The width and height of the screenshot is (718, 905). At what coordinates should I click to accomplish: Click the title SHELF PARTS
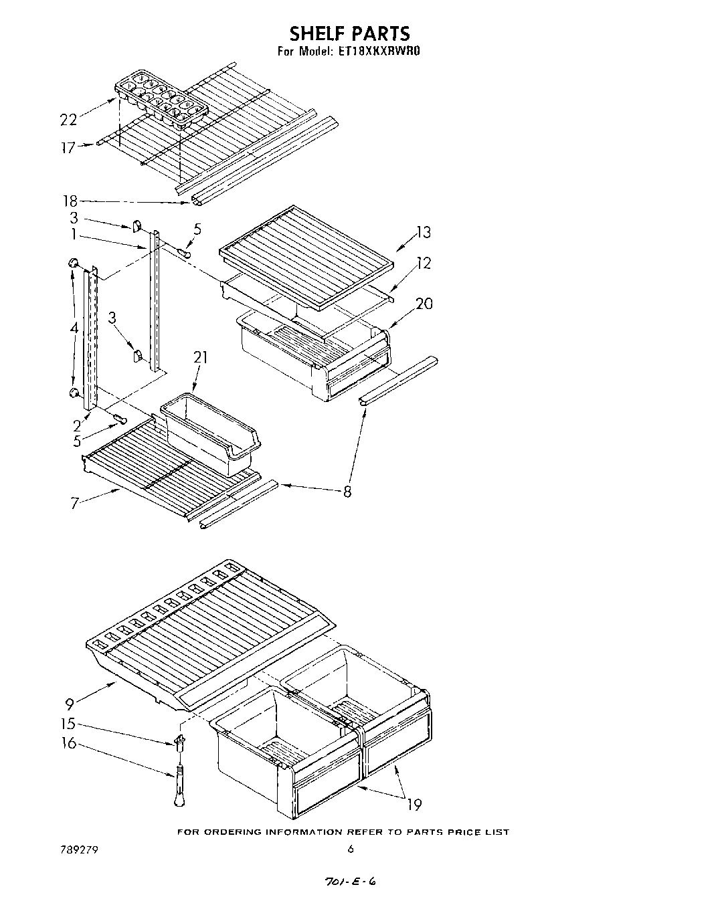349,33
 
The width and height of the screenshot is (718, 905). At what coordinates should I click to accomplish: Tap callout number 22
68,119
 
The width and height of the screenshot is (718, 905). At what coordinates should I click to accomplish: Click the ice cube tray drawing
161,98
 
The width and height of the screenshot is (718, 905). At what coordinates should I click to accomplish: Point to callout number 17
68,148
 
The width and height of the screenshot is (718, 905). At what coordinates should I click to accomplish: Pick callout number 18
70,200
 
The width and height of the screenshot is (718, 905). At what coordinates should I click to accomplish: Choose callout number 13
423,232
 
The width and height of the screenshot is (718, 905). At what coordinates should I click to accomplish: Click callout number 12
423,263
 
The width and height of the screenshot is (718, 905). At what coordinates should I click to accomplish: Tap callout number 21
200,358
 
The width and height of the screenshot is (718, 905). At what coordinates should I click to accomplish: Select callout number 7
76,503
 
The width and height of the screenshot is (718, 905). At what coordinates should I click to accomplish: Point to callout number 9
70,703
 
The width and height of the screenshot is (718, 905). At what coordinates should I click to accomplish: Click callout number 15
68,723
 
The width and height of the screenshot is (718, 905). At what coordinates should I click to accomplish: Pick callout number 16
70,743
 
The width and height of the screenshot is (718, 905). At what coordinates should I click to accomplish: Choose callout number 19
414,804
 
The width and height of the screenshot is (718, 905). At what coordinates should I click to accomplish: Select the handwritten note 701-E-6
349,882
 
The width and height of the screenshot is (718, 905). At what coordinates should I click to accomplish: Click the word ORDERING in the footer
236,832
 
